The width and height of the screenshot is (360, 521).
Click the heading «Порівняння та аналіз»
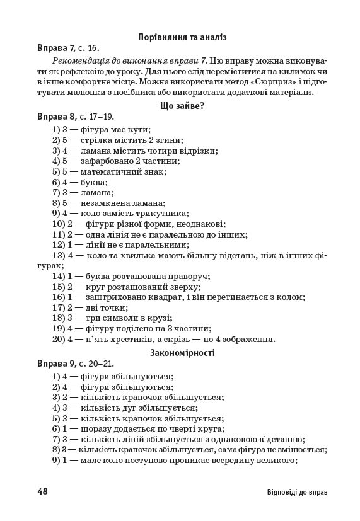pyautogui.click(x=182, y=37)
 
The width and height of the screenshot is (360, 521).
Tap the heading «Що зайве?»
pyautogui.click(x=182, y=105)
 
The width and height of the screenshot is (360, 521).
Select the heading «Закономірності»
pyautogui.click(x=182, y=352)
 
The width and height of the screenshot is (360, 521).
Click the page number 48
pyautogui.click(x=43, y=491)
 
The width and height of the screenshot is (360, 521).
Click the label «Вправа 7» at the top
pyautogui.click(x=56, y=48)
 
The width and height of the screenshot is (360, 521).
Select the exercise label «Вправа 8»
pyautogui.click(x=56, y=117)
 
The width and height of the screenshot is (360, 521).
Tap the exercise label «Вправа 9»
pyautogui.click(x=56, y=364)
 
